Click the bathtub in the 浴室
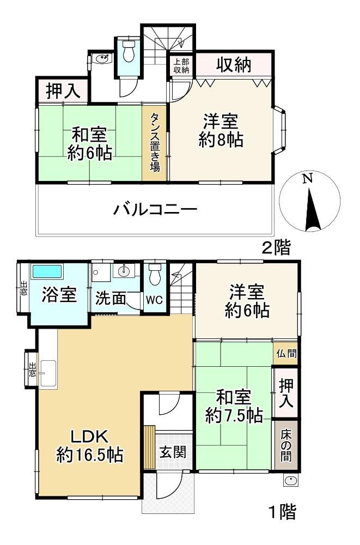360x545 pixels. (47, 271)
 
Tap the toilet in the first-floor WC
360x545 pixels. (154, 274)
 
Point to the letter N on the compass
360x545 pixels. (307, 179)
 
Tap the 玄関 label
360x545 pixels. (173, 452)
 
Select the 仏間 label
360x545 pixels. (286, 354)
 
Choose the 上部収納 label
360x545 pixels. (181, 66)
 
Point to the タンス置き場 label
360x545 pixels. (155, 142)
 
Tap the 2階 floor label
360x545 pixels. (276, 248)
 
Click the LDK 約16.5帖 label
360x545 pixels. (90, 446)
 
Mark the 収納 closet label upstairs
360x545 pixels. (234, 65)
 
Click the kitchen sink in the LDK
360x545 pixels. (48, 373)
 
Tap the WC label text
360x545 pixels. (154, 300)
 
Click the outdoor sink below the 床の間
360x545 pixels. (290, 481)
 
